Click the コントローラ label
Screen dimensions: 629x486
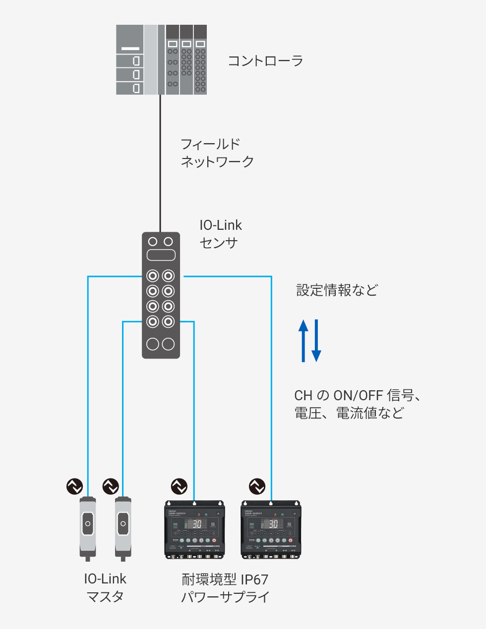point(265,61)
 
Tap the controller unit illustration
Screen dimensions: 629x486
point(161,59)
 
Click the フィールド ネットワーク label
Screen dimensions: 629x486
point(217,153)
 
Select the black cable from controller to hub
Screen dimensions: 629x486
point(160,163)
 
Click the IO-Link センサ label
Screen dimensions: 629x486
point(220,234)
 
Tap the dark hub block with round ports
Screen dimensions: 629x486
point(161,295)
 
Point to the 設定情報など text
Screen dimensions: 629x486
point(337,290)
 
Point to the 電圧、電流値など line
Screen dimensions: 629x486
point(349,413)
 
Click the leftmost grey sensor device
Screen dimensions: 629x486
point(88,527)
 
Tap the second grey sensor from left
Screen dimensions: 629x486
point(123,527)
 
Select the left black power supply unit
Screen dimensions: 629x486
point(194,529)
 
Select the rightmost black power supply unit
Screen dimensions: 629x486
point(271,529)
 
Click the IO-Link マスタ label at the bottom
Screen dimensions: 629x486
point(105,587)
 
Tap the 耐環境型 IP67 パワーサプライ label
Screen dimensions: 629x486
point(225,588)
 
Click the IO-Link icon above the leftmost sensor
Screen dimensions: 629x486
point(75,486)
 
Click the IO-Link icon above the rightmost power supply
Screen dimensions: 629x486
point(257,486)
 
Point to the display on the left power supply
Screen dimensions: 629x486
point(197,524)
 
